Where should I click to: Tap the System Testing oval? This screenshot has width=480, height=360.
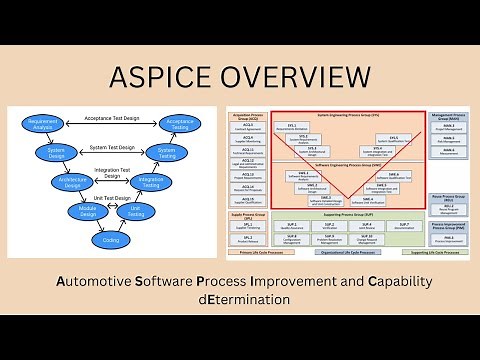tap(166, 152)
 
